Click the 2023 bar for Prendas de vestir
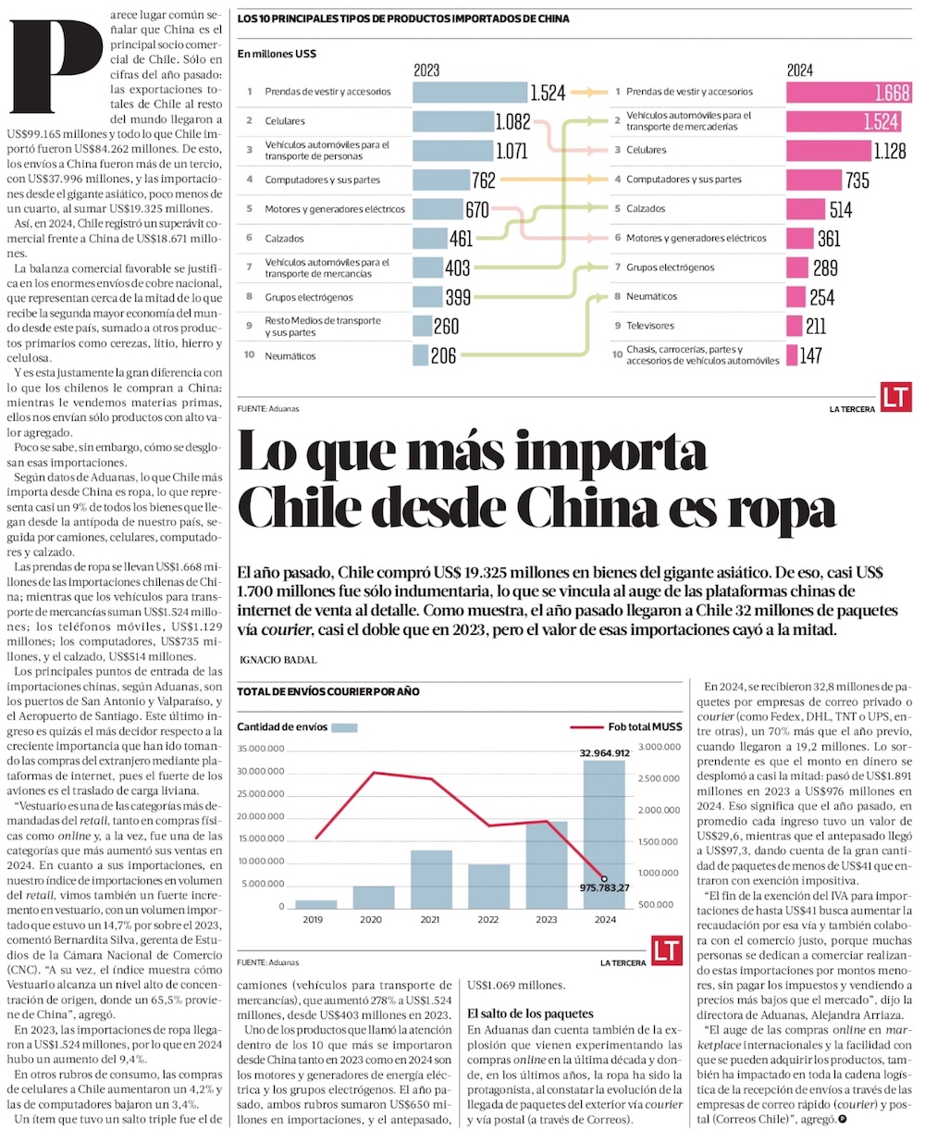tap(470, 92)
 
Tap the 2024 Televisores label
tap(650, 326)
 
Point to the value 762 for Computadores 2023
tap(484, 180)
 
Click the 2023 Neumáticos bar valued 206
tap(421, 355)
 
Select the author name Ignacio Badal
tap(277, 660)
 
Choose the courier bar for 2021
tap(430, 879)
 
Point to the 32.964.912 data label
tap(605, 753)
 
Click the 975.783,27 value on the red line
tap(605, 888)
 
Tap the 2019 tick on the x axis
tap(314, 920)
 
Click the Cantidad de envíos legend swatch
tap(344, 727)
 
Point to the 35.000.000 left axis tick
tap(261, 749)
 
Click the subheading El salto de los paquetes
tap(530, 1013)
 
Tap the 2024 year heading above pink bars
tap(800, 70)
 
